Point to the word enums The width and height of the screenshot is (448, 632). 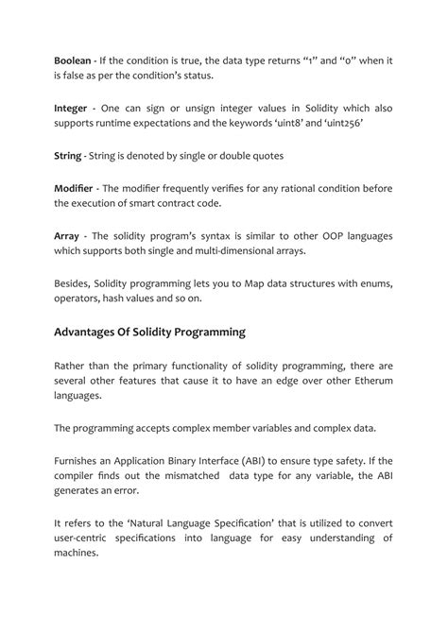click(x=372, y=282)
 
